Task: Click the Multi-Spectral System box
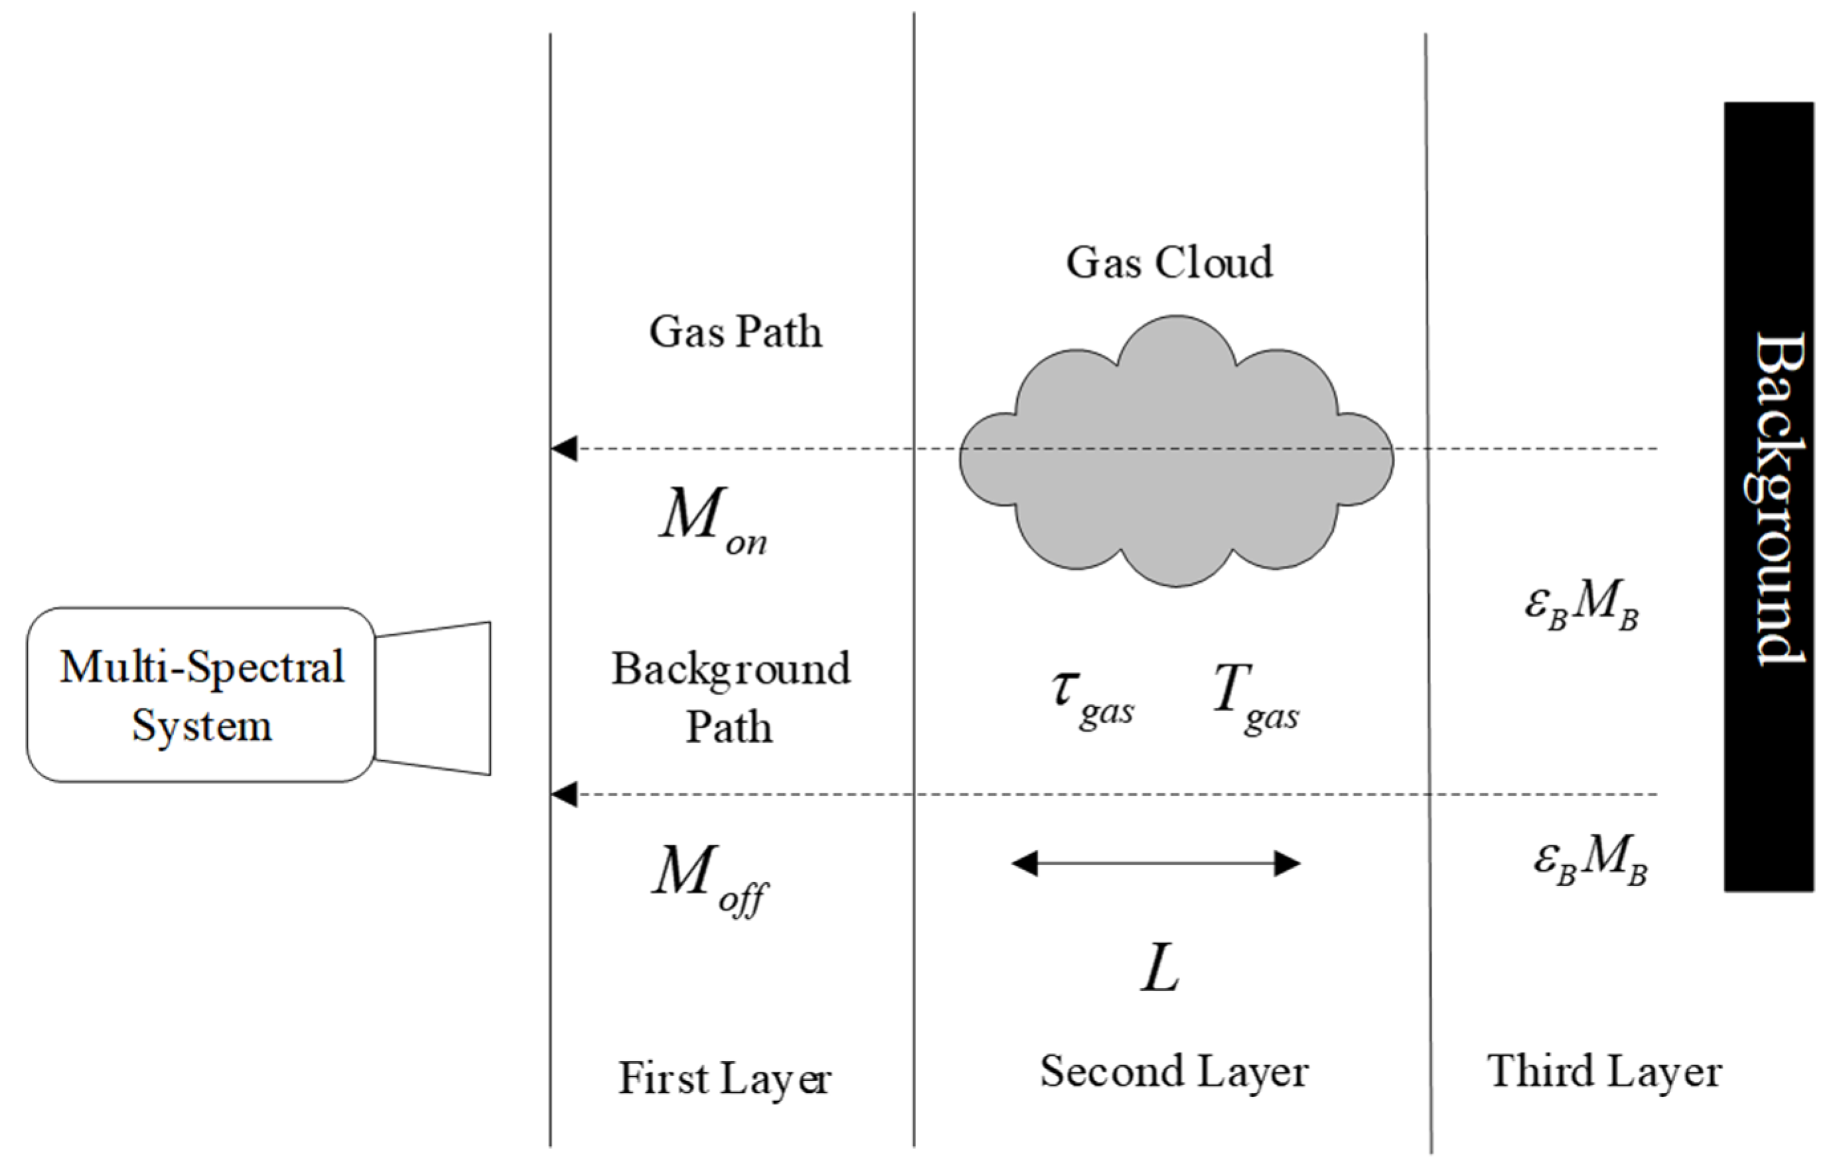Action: tap(201, 694)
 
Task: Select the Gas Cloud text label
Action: tap(1169, 263)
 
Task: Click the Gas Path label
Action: tap(735, 332)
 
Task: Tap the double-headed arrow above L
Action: tap(1156, 864)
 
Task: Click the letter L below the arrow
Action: tap(1160, 971)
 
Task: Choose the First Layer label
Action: tap(724, 1078)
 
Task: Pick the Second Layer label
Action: tap(1174, 1072)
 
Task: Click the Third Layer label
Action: tap(1605, 1072)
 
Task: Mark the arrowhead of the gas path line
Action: tap(564, 449)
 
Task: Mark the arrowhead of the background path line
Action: tap(564, 795)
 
